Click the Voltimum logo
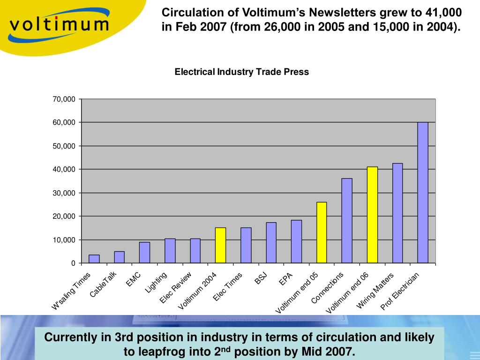pyautogui.click(x=59, y=24)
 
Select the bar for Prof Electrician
pyautogui.click(x=423, y=192)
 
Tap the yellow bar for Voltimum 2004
pyautogui.click(x=220, y=245)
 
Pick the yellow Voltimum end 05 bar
pyautogui.click(x=322, y=232)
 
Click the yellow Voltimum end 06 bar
pyautogui.click(x=372, y=215)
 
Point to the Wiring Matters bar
pyautogui.click(x=397, y=213)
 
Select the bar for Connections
pyautogui.click(x=347, y=220)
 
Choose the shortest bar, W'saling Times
pyautogui.click(x=94, y=259)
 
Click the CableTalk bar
pyautogui.click(x=120, y=257)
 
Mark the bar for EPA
pyautogui.click(x=296, y=241)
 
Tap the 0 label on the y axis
pyautogui.click(x=73, y=263)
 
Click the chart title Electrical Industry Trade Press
pyautogui.click(x=242, y=72)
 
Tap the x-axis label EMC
pyautogui.click(x=133, y=279)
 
